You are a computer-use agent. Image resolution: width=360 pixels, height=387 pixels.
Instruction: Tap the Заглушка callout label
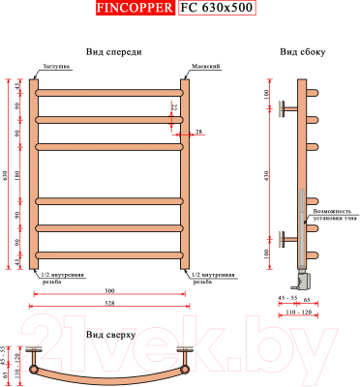pyautogui.click(x=54, y=67)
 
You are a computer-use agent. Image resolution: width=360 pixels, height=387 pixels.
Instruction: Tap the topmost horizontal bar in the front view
pyautogui.click(x=109, y=93)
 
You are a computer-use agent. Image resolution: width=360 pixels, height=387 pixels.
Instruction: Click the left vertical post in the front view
pyautogui.click(x=34, y=174)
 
